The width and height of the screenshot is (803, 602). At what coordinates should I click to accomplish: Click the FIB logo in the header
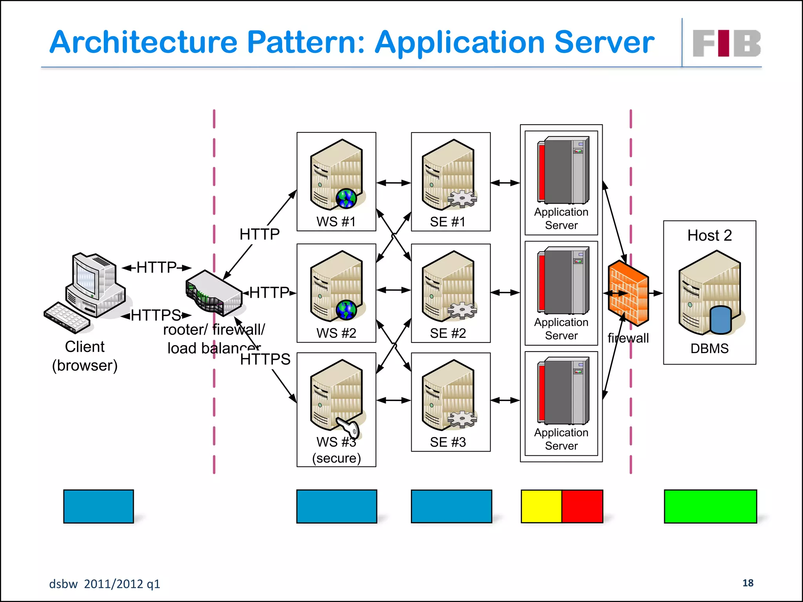coord(727,43)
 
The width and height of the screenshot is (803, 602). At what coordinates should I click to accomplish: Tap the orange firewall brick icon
coord(628,293)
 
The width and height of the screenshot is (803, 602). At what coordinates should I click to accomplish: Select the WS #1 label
coord(336,222)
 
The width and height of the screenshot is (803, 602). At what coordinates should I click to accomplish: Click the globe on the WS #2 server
coord(346,310)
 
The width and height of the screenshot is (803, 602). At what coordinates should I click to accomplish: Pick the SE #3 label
coord(448,442)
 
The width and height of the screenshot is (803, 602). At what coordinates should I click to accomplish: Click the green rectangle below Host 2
coord(710,506)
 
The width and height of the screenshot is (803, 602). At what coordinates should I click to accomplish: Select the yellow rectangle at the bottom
coord(541,506)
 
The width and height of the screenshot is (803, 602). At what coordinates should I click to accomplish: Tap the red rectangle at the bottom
coord(582,506)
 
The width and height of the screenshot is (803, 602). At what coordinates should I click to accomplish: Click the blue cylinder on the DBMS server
coord(721,319)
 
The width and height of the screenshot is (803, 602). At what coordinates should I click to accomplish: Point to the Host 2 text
coord(709,236)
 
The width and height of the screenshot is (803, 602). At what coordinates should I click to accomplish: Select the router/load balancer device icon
coord(214,293)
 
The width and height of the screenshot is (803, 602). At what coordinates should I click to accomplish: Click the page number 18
coord(748,583)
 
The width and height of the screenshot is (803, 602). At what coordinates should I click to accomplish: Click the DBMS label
coord(709,348)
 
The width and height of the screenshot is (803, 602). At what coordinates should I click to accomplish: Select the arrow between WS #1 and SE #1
coord(394,183)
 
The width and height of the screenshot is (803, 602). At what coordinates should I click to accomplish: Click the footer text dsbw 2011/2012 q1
coord(104,584)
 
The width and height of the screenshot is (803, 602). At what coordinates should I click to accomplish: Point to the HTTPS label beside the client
coord(156,315)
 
